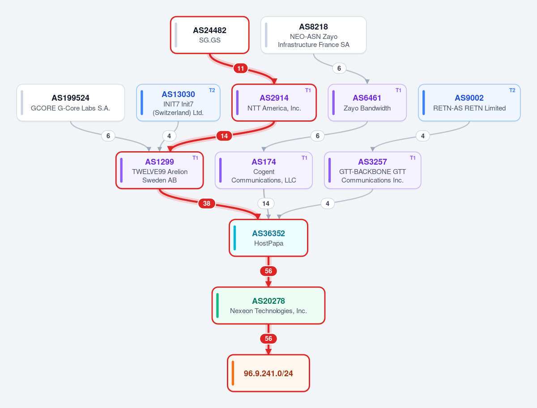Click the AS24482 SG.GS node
click(210, 35)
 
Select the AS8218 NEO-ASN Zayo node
click(313, 35)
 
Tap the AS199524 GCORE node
click(70, 103)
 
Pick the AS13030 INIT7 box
click(178, 103)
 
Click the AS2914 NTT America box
click(274, 103)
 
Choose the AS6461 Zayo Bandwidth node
click(367, 103)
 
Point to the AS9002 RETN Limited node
click(469, 103)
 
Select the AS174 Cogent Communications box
click(264, 170)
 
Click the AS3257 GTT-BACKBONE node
click(372, 170)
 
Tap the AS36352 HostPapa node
click(268, 238)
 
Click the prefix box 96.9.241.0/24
click(268, 373)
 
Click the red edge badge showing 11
click(240, 68)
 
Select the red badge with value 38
click(207, 204)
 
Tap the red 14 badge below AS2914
click(224, 136)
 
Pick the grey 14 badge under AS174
click(266, 204)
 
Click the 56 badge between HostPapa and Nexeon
click(268, 271)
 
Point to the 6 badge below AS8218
click(339, 68)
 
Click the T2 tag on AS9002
click(512, 90)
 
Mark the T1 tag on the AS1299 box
click(195, 158)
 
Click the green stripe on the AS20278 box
click(217, 306)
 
